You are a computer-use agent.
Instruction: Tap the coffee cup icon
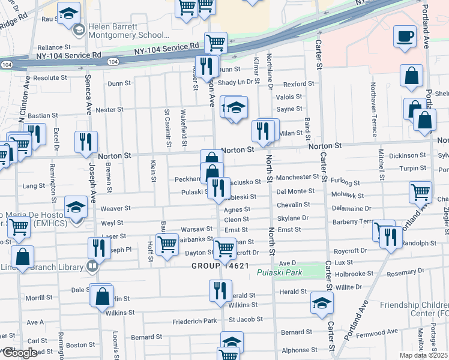[x=405, y=36]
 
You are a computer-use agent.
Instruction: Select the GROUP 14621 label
[x=220, y=266]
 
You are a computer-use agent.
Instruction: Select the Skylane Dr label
[x=293, y=218]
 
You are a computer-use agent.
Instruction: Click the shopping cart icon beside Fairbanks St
[x=166, y=244]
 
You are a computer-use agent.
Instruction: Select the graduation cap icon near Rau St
[x=68, y=11]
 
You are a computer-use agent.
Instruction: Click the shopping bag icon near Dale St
[x=103, y=296]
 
